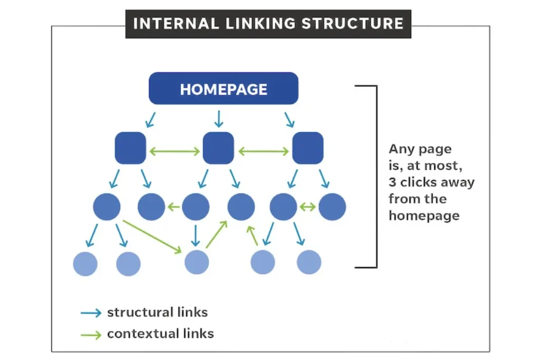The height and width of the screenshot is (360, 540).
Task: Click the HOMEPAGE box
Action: (x=224, y=89)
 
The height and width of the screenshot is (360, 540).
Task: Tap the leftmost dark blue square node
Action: (x=130, y=148)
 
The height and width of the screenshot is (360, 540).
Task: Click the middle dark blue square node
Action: (x=218, y=148)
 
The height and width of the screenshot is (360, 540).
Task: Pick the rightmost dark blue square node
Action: (x=307, y=148)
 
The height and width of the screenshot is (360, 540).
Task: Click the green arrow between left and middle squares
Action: (x=175, y=151)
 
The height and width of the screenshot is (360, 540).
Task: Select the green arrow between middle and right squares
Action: (x=263, y=151)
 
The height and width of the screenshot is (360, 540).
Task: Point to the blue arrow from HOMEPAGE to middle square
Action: (x=218, y=119)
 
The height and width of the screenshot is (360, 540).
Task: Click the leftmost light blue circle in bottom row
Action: (x=85, y=263)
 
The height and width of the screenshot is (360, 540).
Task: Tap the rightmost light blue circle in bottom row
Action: (x=309, y=262)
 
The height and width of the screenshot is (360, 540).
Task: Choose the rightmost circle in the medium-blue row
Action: (x=332, y=207)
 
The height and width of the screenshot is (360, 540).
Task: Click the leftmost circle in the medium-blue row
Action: (x=107, y=207)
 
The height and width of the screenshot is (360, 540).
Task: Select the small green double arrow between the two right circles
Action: (x=307, y=207)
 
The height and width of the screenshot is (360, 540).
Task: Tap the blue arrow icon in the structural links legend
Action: (x=91, y=313)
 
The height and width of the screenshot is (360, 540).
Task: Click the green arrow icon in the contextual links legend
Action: (x=91, y=334)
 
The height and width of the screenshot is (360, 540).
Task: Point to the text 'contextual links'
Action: (x=160, y=334)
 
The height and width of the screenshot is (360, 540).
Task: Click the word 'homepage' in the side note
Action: (x=423, y=216)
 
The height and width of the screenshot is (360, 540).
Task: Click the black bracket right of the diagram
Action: (x=375, y=177)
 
